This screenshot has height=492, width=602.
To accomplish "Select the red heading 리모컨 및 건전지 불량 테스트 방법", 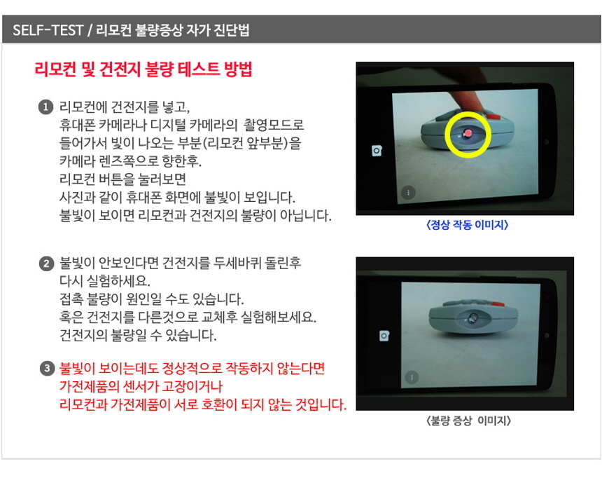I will pyautogui.click(x=143, y=70).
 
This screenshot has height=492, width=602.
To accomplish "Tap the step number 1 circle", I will pyautogui.click(x=45, y=107).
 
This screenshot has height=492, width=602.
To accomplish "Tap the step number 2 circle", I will pyautogui.click(x=45, y=264).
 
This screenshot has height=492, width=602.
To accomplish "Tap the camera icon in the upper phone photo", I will pyautogui.click(x=377, y=151).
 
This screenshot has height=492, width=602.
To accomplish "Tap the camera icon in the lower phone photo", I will pyautogui.click(x=384, y=336).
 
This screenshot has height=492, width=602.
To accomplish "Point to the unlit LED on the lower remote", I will pyautogui.click(x=473, y=319).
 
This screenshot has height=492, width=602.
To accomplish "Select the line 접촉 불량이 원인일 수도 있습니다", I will pyautogui.click(x=151, y=300).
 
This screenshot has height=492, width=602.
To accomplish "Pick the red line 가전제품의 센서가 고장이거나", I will pyautogui.click(x=144, y=387).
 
